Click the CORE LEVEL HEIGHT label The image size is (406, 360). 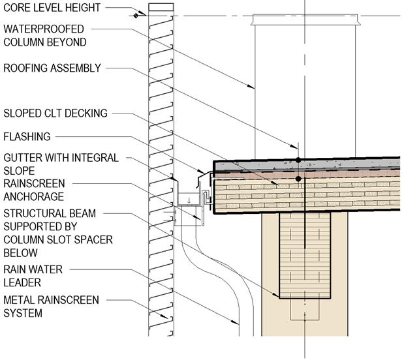point(52,8)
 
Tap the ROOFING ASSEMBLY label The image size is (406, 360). point(52,67)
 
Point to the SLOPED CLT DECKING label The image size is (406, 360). point(55,113)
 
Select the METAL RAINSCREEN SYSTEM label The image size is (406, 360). point(51,306)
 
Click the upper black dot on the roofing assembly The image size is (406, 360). point(298,159)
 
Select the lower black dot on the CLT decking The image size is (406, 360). point(298,178)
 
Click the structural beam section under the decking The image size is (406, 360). point(305,254)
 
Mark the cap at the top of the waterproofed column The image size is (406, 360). point(305,24)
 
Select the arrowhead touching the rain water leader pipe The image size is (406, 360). point(237,322)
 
